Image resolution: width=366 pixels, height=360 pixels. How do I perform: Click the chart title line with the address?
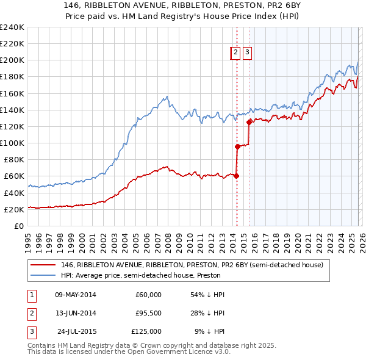pyautogui.click(x=182, y=6)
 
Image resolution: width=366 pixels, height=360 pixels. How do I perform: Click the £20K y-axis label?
pyautogui.click(x=13, y=209)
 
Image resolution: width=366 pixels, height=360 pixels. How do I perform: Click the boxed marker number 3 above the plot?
pyautogui.click(x=247, y=52)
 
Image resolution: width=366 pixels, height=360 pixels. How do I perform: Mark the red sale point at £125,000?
pyautogui.click(x=249, y=122)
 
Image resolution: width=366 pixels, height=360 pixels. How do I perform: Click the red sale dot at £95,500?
pyautogui.click(x=237, y=146)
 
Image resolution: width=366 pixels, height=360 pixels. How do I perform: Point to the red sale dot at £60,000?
pyautogui.click(x=237, y=176)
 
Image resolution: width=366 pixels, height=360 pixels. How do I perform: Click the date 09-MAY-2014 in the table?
pyautogui.click(x=75, y=295)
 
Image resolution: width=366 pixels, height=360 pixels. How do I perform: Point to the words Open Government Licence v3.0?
pyautogui.click(x=176, y=352)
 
